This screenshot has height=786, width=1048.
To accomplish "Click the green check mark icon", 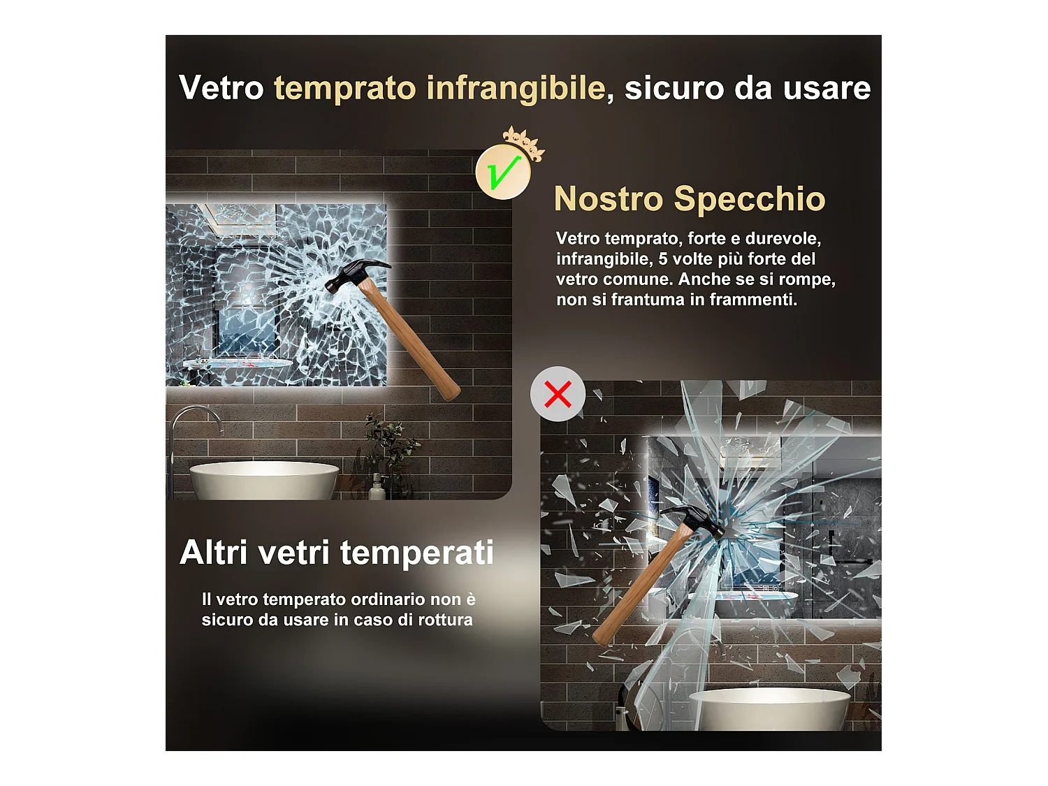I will [x=503, y=173].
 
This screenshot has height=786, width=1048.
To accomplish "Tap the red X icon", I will [x=558, y=394].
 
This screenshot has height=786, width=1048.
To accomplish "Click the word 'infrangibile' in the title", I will [x=516, y=89].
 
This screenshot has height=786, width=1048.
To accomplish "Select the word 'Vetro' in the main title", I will [x=221, y=89].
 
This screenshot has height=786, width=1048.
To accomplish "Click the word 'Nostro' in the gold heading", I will [x=608, y=199].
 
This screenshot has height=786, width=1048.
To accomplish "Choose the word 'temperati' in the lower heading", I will [x=417, y=553].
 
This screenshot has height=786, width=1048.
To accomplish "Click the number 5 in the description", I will [x=663, y=259].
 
